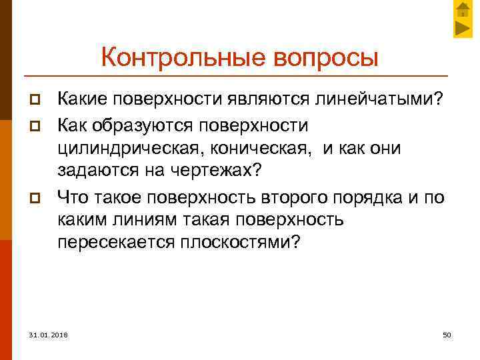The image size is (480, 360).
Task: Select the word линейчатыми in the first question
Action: (383, 100)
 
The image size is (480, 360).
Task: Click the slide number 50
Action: (447, 333)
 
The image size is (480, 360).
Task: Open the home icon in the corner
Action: (463, 10)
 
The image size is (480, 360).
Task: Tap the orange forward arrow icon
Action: (463, 28)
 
